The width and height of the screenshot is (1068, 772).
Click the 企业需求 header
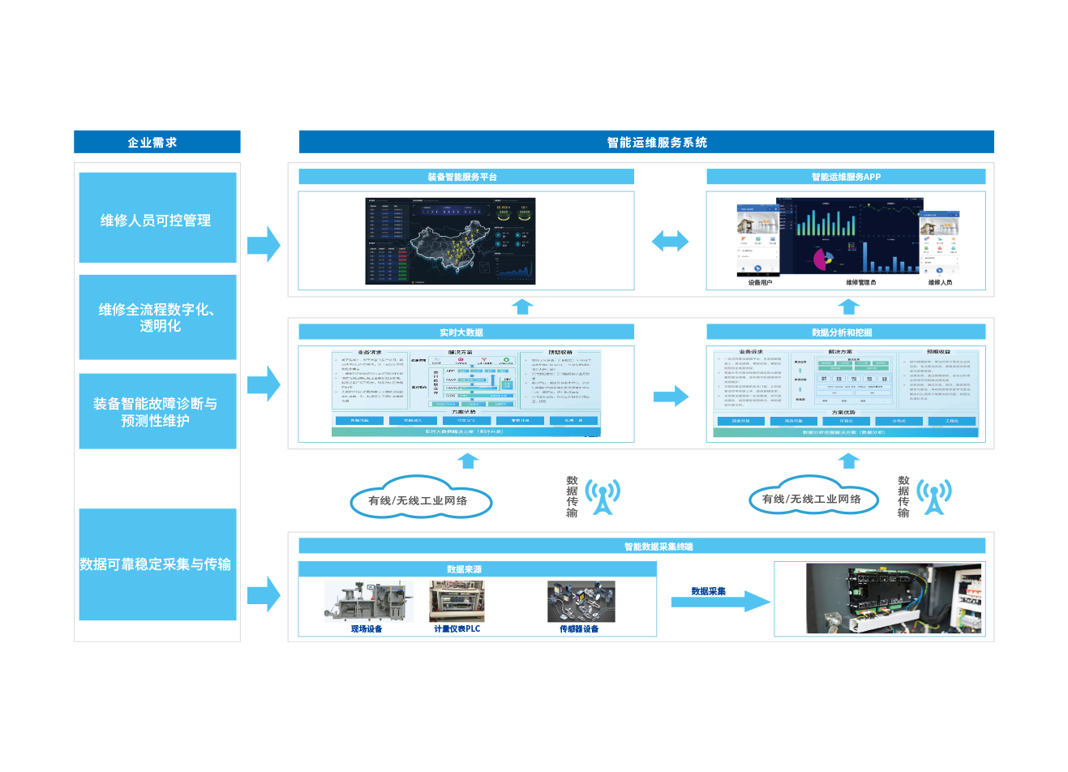click(152, 143)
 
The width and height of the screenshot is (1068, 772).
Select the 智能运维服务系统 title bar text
click(657, 143)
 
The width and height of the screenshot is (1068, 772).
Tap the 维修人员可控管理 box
click(157, 220)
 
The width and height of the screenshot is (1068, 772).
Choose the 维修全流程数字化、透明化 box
click(157, 317)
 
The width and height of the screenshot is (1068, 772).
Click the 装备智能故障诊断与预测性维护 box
click(157, 411)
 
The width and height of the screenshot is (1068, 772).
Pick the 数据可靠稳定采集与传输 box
click(157, 564)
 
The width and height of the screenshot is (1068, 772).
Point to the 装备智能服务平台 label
click(463, 177)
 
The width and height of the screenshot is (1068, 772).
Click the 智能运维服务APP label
click(846, 177)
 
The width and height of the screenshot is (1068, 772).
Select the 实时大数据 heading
click(462, 332)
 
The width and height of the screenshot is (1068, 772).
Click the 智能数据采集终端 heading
click(658, 547)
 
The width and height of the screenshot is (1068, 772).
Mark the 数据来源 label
click(464, 569)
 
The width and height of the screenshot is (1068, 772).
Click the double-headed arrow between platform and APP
click(670, 241)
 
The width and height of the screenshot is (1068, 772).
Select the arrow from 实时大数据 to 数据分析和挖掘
click(671, 396)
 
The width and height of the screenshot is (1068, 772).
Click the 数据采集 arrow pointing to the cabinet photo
click(720, 601)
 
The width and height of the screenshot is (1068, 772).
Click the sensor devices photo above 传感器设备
click(581, 602)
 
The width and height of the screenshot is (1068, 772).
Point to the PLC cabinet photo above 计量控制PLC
click(457, 602)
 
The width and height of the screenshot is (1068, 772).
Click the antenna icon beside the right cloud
click(934, 495)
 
